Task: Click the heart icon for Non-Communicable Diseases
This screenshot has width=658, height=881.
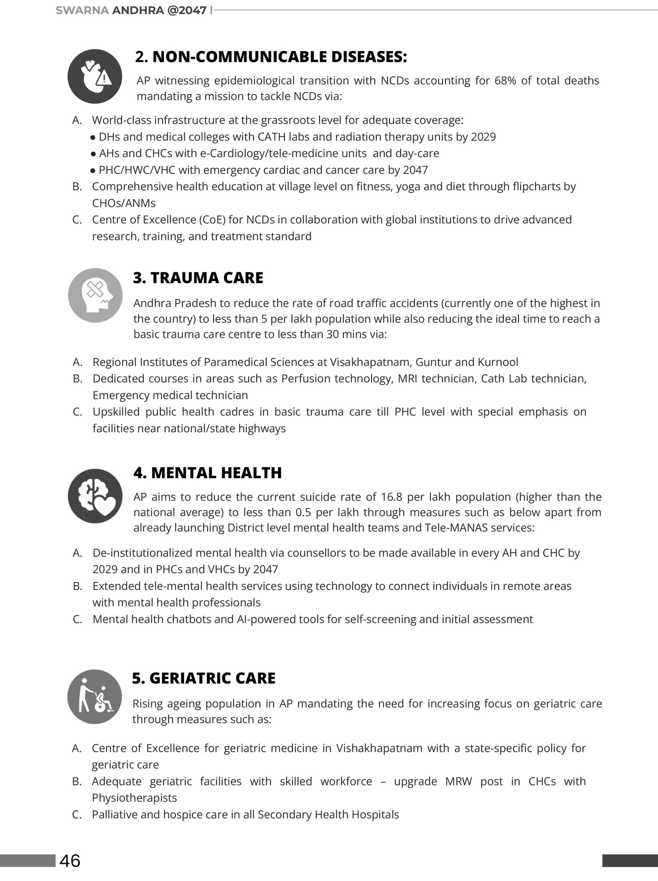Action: (x=95, y=76)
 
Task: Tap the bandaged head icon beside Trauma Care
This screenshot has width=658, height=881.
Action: (x=95, y=295)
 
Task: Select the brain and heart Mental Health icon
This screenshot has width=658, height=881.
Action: (x=95, y=496)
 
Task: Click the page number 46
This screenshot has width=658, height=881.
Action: (x=70, y=860)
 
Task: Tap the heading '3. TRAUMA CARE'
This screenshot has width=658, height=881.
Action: (x=198, y=278)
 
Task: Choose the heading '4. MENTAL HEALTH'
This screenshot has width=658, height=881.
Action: (x=208, y=473)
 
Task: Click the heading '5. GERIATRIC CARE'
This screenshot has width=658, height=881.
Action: (x=203, y=678)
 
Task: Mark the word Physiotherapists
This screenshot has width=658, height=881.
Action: (x=134, y=798)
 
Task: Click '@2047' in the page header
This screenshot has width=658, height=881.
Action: (x=187, y=10)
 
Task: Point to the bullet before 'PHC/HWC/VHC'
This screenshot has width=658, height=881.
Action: (x=93, y=170)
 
